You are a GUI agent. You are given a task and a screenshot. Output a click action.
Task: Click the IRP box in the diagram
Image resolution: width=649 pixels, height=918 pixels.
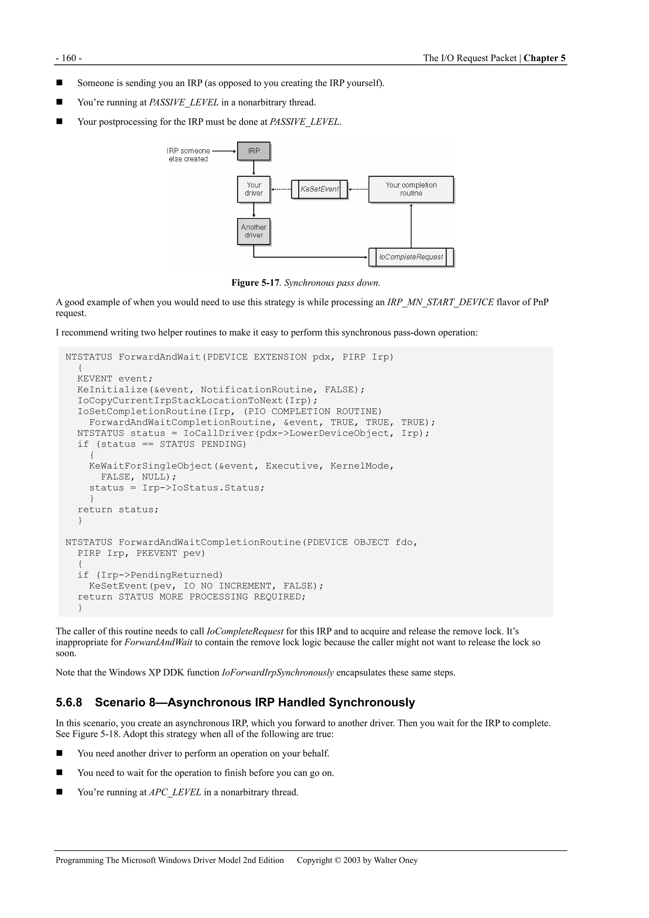coord(254,151)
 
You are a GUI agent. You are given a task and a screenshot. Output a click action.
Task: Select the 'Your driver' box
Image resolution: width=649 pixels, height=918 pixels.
coord(254,189)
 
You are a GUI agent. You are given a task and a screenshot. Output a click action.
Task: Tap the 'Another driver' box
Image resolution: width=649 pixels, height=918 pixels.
coord(254,231)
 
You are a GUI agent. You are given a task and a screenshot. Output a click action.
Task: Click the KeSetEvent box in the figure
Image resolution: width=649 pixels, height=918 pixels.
coord(319,189)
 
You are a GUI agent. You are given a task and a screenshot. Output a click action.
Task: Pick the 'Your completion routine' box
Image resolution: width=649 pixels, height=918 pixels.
coord(411,189)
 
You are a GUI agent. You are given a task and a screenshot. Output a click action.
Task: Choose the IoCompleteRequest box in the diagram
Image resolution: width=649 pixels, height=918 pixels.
coord(411,257)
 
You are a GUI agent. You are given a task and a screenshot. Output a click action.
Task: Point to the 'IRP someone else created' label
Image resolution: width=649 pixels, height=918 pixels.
coord(188,155)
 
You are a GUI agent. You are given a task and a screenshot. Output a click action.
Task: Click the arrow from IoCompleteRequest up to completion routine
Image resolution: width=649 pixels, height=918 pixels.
coord(411,226)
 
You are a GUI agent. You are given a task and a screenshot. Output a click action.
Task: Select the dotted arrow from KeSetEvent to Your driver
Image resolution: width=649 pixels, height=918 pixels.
coord(281,189)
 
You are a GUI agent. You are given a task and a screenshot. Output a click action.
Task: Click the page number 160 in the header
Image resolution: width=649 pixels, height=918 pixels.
coord(69,58)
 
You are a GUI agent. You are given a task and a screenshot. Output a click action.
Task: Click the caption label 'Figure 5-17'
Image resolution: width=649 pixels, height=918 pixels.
coord(255,283)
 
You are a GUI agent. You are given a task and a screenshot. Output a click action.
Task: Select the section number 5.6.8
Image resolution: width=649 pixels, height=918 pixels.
coord(69,703)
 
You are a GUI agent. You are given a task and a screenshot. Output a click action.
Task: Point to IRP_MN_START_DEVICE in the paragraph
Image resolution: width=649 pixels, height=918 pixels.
coord(440,302)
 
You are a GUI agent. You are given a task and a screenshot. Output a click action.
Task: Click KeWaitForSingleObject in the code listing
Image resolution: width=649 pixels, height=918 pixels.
coord(151,466)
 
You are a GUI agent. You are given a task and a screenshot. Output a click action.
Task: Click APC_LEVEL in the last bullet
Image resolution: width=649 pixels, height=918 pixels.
coord(175,792)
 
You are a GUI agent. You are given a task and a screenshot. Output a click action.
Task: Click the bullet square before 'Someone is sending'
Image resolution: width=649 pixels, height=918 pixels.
coord(60,83)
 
